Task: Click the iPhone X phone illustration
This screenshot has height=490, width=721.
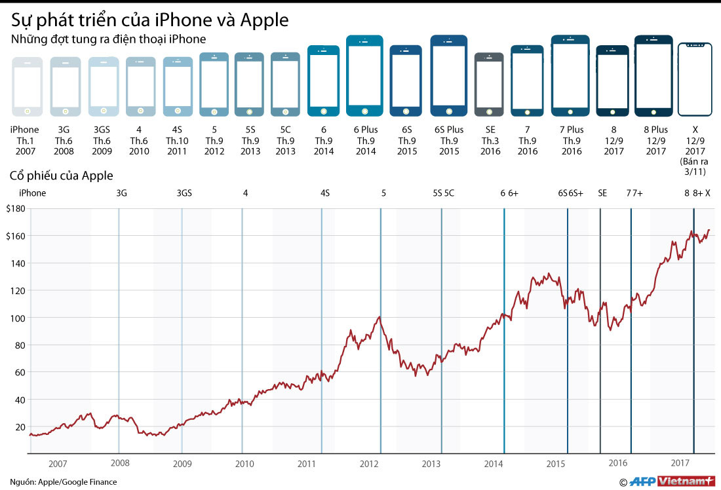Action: (695, 79)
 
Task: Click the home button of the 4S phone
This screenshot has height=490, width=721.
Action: (178, 110)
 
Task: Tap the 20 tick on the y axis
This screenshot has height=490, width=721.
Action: (20, 427)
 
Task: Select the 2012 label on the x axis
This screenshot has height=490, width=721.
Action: (369, 464)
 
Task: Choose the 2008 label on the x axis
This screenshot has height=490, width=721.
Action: (120, 463)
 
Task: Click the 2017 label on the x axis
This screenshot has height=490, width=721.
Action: (682, 462)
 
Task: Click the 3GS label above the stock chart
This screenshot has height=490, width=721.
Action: (185, 193)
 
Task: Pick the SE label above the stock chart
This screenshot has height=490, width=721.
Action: (602, 193)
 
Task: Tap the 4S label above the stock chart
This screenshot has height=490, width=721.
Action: (325, 193)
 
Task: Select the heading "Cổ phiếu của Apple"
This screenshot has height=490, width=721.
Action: (61, 176)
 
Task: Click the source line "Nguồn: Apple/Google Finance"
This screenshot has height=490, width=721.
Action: (64, 481)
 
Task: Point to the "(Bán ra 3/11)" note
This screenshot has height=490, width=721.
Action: (695, 167)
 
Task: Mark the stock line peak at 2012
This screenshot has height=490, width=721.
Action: (380, 317)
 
